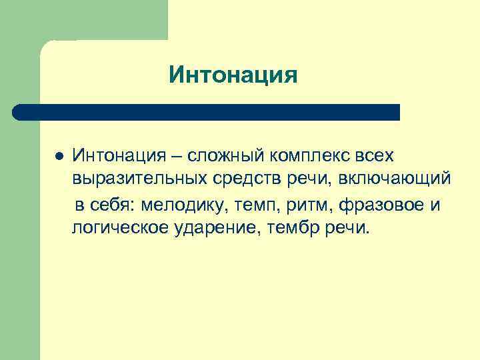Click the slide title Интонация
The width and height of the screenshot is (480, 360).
[233, 75]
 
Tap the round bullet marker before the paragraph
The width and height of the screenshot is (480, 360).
[59, 157]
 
